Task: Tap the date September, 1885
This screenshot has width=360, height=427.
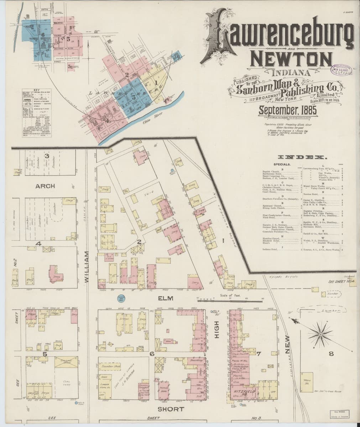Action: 287,109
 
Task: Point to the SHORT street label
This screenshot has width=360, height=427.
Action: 167,409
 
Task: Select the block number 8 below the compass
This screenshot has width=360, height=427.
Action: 331,354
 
